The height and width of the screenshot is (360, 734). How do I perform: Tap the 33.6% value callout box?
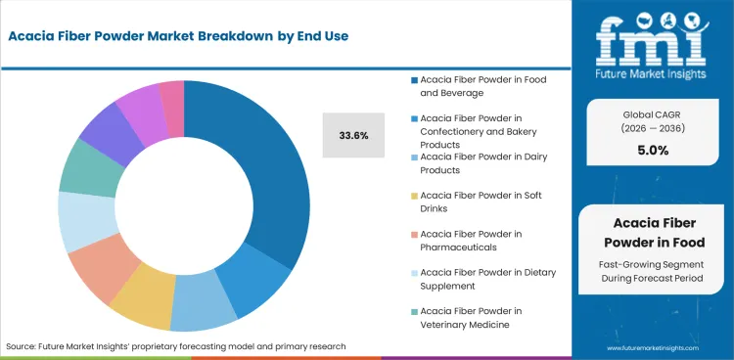tap(353, 135)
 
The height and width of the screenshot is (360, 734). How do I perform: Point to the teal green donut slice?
tap(84, 168)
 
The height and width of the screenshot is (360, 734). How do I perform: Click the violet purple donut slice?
tap(143, 105)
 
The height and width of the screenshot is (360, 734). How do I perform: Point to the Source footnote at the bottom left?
tap(176, 346)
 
